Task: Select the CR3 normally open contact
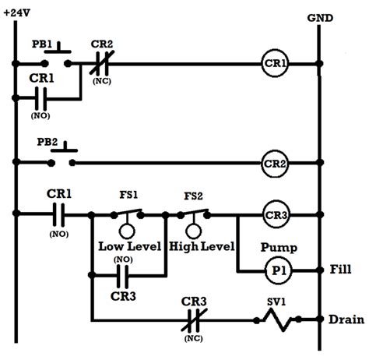pyautogui.click(x=123, y=274)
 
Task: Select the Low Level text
pyautogui.click(x=129, y=247)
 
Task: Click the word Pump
pyautogui.click(x=276, y=246)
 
